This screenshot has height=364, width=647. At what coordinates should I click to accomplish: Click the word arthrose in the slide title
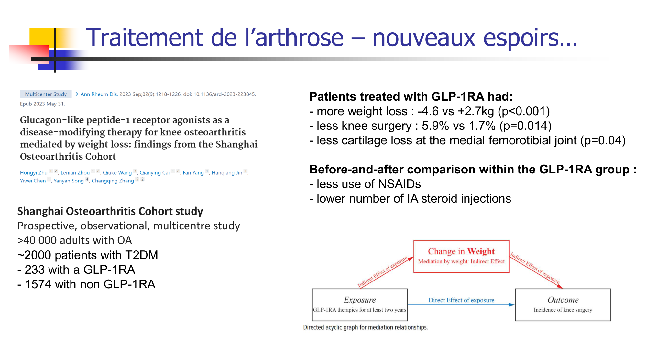coord(300,38)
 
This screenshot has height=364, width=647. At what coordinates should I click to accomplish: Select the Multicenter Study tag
coord(46,94)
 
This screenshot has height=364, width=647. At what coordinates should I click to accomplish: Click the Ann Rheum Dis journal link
coord(99,94)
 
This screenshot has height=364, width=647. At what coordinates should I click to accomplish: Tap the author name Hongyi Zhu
coord(34,173)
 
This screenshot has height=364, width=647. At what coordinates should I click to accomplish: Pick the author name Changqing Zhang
coord(113,181)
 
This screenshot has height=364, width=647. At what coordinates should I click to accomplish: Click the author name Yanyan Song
coord(69,181)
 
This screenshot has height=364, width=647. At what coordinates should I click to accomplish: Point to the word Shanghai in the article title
coord(236,144)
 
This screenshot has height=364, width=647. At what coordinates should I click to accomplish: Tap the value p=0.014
coord(525,126)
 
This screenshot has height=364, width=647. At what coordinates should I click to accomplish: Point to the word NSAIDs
coord(400,184)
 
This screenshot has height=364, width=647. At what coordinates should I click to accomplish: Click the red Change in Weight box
coord(461,257)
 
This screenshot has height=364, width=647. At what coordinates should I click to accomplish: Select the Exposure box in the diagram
coord(359,305)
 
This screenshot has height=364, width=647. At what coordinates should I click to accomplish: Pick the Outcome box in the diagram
coord(563,305)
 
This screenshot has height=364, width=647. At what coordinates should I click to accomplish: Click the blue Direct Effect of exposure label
coord(461,300)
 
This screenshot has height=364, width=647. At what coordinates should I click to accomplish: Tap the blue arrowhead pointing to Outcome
coord(511,305)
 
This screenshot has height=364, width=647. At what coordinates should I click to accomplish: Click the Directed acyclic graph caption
coord(366,327)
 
